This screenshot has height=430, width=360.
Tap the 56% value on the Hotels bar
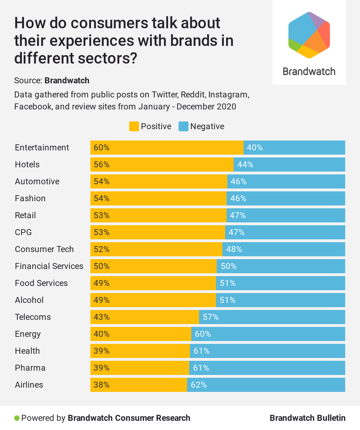click(102, 165)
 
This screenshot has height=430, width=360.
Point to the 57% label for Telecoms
click(211, 317)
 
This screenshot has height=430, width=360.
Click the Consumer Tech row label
click(44, 249)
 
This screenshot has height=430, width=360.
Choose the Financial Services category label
click(49, 266)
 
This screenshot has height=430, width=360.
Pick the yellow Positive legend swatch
click(134, 126)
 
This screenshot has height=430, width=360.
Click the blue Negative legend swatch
click(184, 126)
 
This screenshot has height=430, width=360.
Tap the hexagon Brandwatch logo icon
click(309, 35)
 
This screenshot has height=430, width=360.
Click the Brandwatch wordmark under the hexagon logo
click(309, 72)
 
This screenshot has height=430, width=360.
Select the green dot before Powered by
click(17, 418)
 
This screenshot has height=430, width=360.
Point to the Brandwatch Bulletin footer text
click(307, 418)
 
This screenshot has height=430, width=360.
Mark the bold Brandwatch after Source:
click(67, 80)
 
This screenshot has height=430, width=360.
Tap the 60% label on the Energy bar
click(203, 334)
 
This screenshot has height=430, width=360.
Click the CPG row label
click(23, 232)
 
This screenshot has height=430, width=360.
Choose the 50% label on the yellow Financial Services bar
click(102, 266)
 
